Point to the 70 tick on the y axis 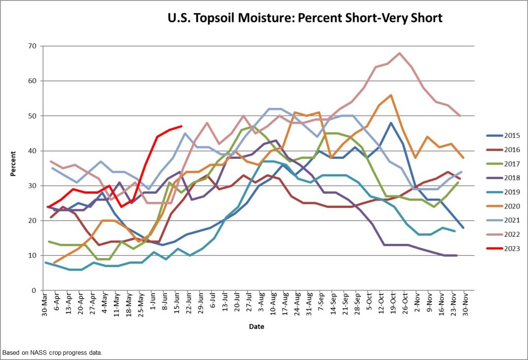(x=31, y=46)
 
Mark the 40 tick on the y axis (x=31, y=151)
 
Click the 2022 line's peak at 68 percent (x=400, y=53)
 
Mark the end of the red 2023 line (x=181, y=126)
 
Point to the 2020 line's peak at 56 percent (x=391, y=95)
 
